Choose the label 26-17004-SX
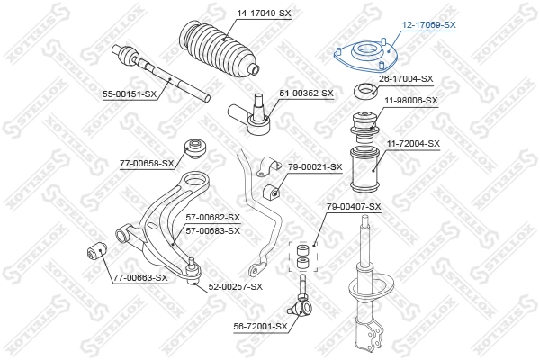[406, 79]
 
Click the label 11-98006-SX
[410, 101]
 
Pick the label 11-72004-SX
[413, 143]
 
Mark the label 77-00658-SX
[149, 164]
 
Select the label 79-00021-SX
[315, 166]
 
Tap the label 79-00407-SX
[352, 207]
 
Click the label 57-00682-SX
[212, 218]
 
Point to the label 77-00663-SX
[139, 277]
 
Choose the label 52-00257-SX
[235, 286]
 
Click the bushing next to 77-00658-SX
[193, 147]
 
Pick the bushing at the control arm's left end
[95, 249]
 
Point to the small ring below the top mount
[365, 90]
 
